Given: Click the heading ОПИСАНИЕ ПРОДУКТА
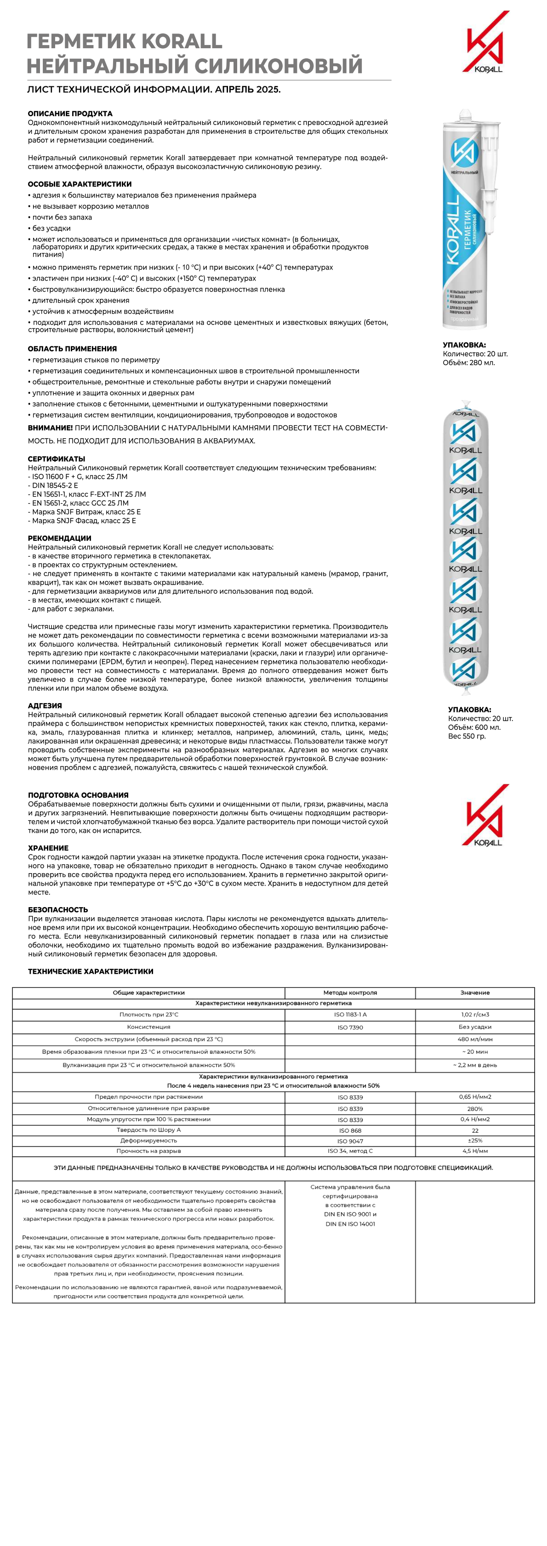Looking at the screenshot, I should (x=70, y=113).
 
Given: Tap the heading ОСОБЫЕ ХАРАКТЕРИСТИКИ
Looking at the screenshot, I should (x=79, y=184).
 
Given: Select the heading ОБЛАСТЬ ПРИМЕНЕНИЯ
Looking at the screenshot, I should (x=72, y=349).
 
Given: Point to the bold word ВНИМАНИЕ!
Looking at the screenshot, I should (x=50, y=428).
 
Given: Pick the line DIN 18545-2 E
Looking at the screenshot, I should (x=54, y=485).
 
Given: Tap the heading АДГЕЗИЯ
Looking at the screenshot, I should (x=45, y=706).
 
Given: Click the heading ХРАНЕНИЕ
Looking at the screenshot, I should (x=48, y=848).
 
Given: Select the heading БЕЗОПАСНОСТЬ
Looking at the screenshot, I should (x=57, y=910).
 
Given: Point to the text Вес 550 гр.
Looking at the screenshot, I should (x=467, y=736).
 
